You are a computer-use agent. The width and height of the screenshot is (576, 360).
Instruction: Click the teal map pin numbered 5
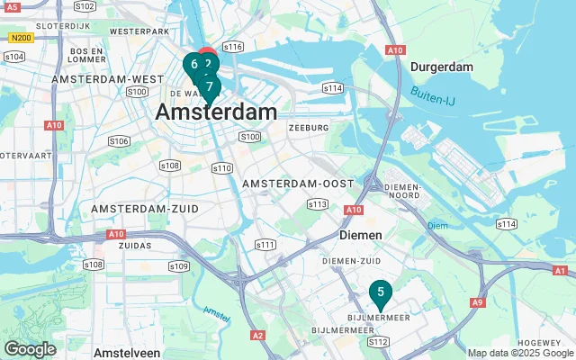[x=381, y=292]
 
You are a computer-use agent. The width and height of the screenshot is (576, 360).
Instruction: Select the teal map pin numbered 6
[x=193, y=65]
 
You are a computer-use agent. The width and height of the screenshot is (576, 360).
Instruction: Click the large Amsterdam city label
[x=216, y=112]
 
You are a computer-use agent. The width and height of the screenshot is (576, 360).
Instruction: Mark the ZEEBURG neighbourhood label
[x=309, y=128]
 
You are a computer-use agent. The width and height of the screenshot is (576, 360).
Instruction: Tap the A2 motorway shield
[x=259, y=335]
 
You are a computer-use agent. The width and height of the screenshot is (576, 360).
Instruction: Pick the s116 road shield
[x=233, y=46]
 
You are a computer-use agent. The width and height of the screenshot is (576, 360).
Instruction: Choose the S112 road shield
[x=378, y=342]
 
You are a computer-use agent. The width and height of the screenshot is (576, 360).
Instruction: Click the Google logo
[x=31, y=348]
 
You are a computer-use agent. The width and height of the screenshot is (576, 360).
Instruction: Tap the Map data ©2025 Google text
[x=520, y=353]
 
